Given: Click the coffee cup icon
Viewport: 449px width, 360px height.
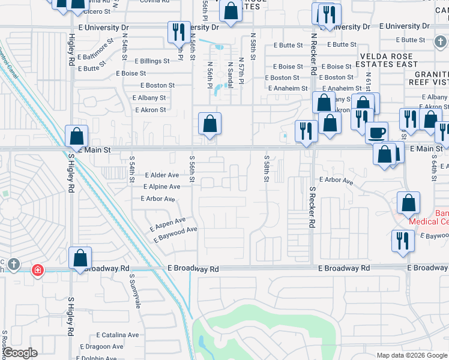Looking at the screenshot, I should click(376, 132).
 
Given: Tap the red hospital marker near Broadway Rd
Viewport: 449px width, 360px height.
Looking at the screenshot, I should click(38, 270).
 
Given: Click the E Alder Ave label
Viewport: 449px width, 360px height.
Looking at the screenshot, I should click(162, 175).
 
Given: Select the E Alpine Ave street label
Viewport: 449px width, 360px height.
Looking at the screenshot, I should click(161, 187).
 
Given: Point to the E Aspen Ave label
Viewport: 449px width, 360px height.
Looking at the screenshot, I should click(167, 223).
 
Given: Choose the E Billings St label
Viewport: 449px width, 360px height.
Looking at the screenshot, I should click(152, 61).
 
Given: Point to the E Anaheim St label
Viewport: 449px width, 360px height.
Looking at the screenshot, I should click(290, 88).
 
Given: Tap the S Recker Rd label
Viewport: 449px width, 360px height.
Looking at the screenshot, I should click(313, 208).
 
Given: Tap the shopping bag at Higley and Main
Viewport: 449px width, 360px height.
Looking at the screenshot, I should click(77, 136).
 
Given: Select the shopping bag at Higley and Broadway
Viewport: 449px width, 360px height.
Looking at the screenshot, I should click(80, 258).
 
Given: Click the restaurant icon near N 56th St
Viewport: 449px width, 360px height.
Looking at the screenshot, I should click(178, 32).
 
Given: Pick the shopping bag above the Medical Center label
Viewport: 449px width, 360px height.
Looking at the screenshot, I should click(408, 203).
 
